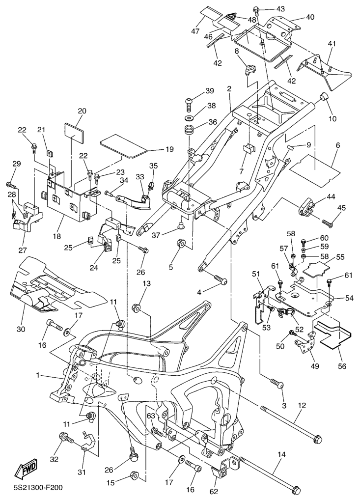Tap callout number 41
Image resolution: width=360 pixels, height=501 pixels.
click(x=332, y=43)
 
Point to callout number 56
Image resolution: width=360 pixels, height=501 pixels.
click(x=342, y=366)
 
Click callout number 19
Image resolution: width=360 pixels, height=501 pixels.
click(x=169, y=149)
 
